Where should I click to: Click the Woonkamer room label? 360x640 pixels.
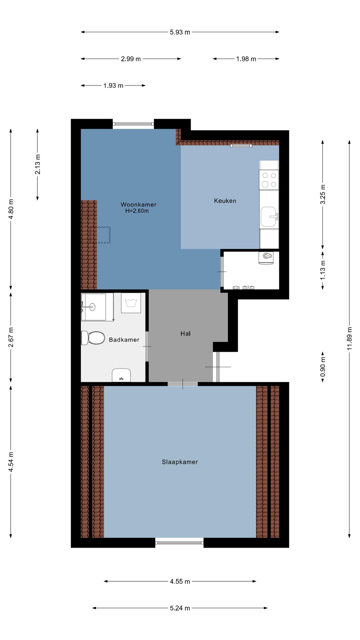(x=138, y=204)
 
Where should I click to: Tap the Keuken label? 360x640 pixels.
(x=225, y=201)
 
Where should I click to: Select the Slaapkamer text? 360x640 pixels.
(x=180, y=462)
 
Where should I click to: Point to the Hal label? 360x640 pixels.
(x=185, y=333)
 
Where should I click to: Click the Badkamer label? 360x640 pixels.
(x=124, y=340)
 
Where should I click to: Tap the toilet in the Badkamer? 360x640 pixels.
(x=93, y=338)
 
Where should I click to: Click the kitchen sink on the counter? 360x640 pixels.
(x=269, y=217)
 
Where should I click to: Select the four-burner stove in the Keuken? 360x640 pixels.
(x=269, y=180)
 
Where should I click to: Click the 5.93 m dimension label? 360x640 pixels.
(x=180, y=32)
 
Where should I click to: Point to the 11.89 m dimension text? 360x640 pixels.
(x=349, y=338)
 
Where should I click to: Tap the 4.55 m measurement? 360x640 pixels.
(x=180, y=581)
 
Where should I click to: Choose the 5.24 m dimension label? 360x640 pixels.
(x=180, y=608)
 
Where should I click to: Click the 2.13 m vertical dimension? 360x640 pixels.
(x=38, y=164)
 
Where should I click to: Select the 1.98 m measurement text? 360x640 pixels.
(x=246, y=59)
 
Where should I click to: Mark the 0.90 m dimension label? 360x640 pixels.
(x=323, y=367)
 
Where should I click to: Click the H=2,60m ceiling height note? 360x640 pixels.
(x=137, y=211)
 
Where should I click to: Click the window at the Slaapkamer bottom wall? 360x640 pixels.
(x=180, y=543)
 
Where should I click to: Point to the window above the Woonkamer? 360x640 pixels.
(x=133, y=124)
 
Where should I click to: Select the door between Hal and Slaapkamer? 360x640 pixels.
(x=183, y=384)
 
